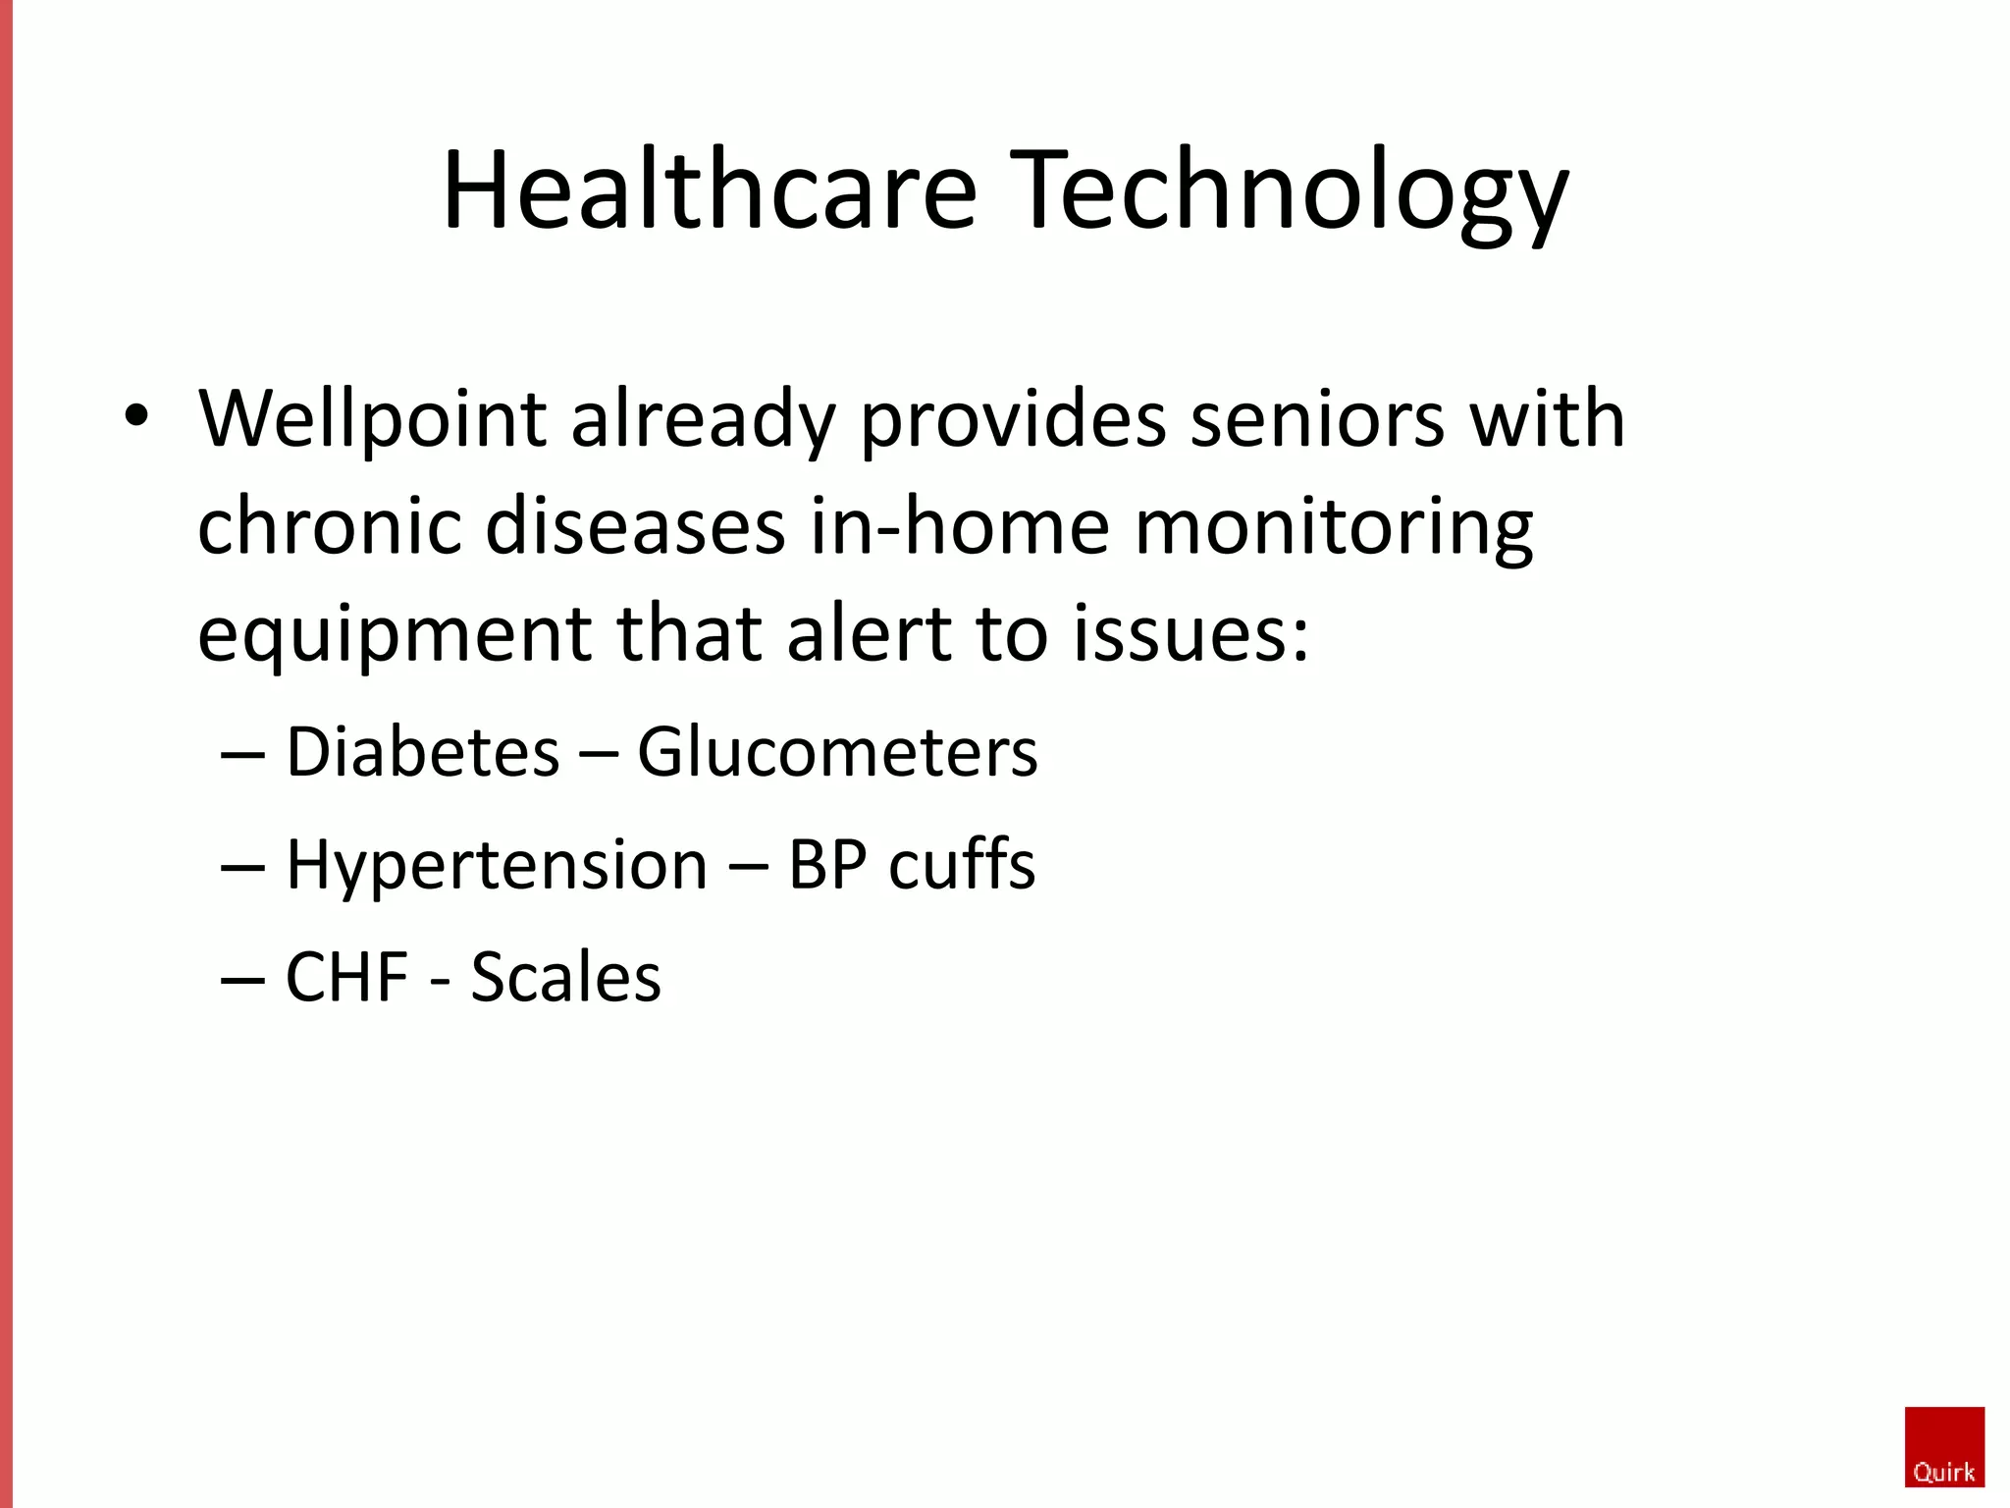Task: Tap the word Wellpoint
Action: (x=372, y=420)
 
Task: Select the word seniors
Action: (x=1317, y=420)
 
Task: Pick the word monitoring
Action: (x=1333, y=527)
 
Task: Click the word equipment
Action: (x=394, y=635)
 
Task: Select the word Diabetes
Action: (x=422, y=753)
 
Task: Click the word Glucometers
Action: (x=837, y=753)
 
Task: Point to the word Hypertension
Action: (x=496, y=866)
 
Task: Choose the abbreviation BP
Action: (x=827, y=866)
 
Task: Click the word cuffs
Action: (x=961, y=866)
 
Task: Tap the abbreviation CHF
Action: (x=346, y=978)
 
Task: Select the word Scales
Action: (x=566, y=978)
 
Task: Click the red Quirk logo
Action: (x=1944, y=1447)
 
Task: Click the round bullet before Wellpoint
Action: (x=136, y=416)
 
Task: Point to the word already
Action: (x=703, y=420)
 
